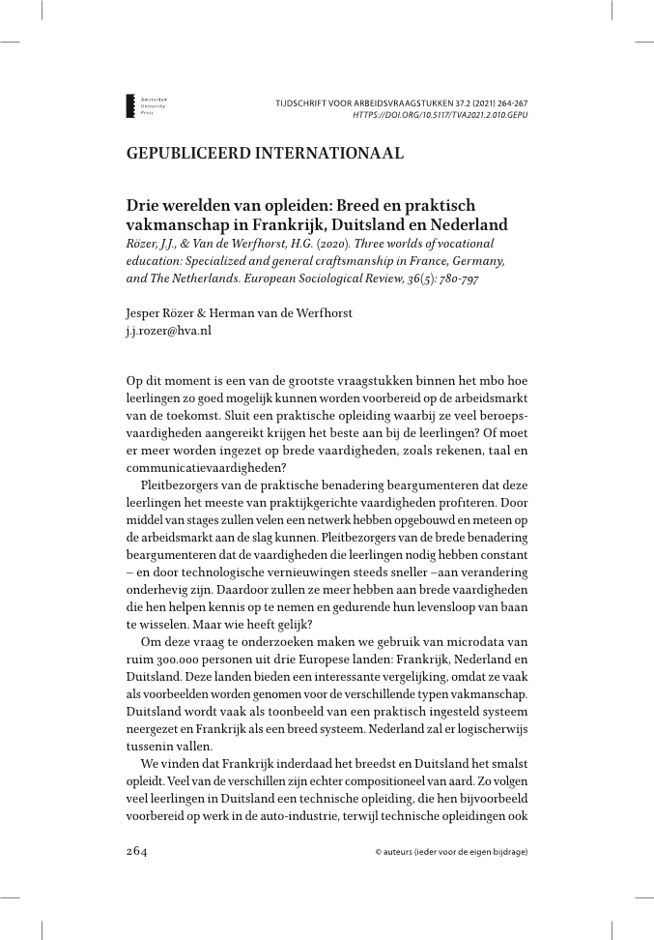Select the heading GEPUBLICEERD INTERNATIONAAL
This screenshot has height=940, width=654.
[265, 154]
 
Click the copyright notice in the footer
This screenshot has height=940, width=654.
[451, 853]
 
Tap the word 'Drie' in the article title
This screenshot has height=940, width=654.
[144, 206]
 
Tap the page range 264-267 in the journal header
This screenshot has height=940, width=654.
[506, 102]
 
